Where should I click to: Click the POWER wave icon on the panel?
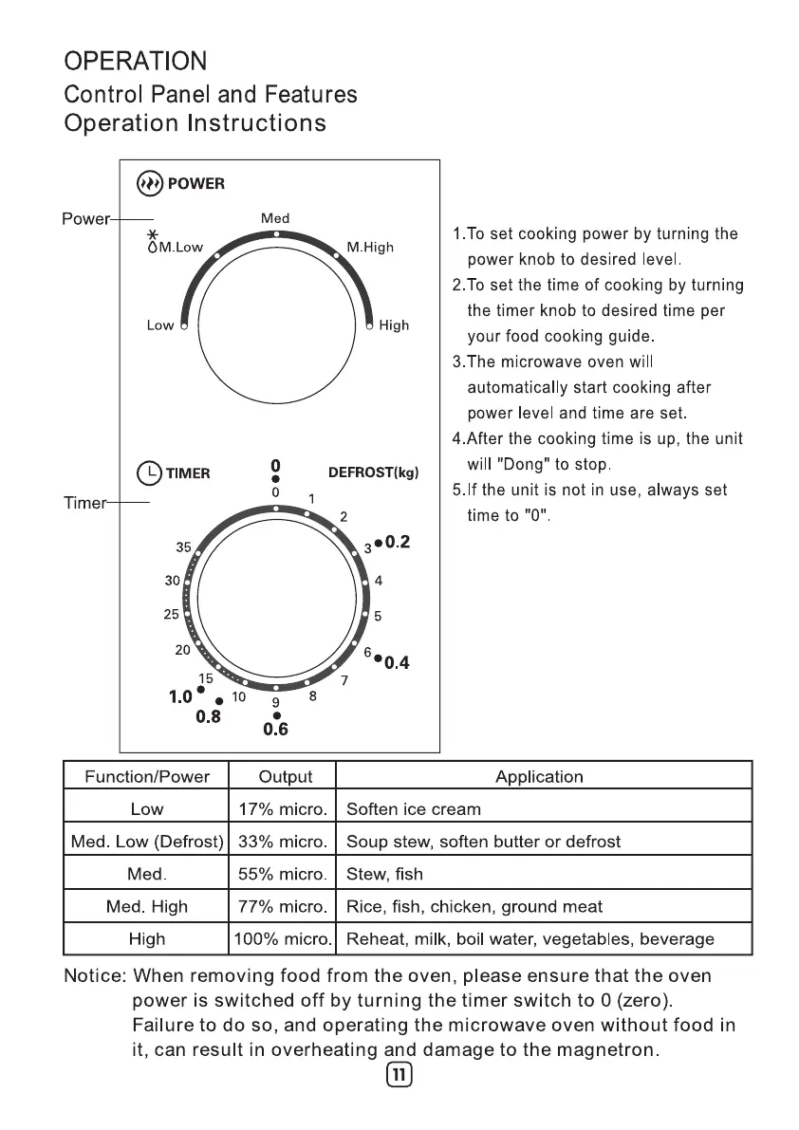(149, 183)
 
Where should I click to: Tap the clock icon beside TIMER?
(150, 472)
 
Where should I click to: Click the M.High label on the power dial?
(370, 248)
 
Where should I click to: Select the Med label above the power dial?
(275, 218)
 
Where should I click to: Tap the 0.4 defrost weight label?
(397, 662)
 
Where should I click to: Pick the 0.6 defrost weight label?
(275, 730)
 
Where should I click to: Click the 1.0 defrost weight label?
(181, 697)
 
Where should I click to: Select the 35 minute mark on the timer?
(184, 547)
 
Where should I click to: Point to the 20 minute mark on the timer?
(183, 651)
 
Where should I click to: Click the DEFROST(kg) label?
(373, 472)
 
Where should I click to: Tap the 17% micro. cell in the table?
(285, 809)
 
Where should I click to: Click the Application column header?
(539, 777)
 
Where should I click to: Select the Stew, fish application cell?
(385, 874)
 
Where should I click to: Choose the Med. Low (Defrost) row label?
(147, 842)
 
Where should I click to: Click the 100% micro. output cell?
(285, 938)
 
